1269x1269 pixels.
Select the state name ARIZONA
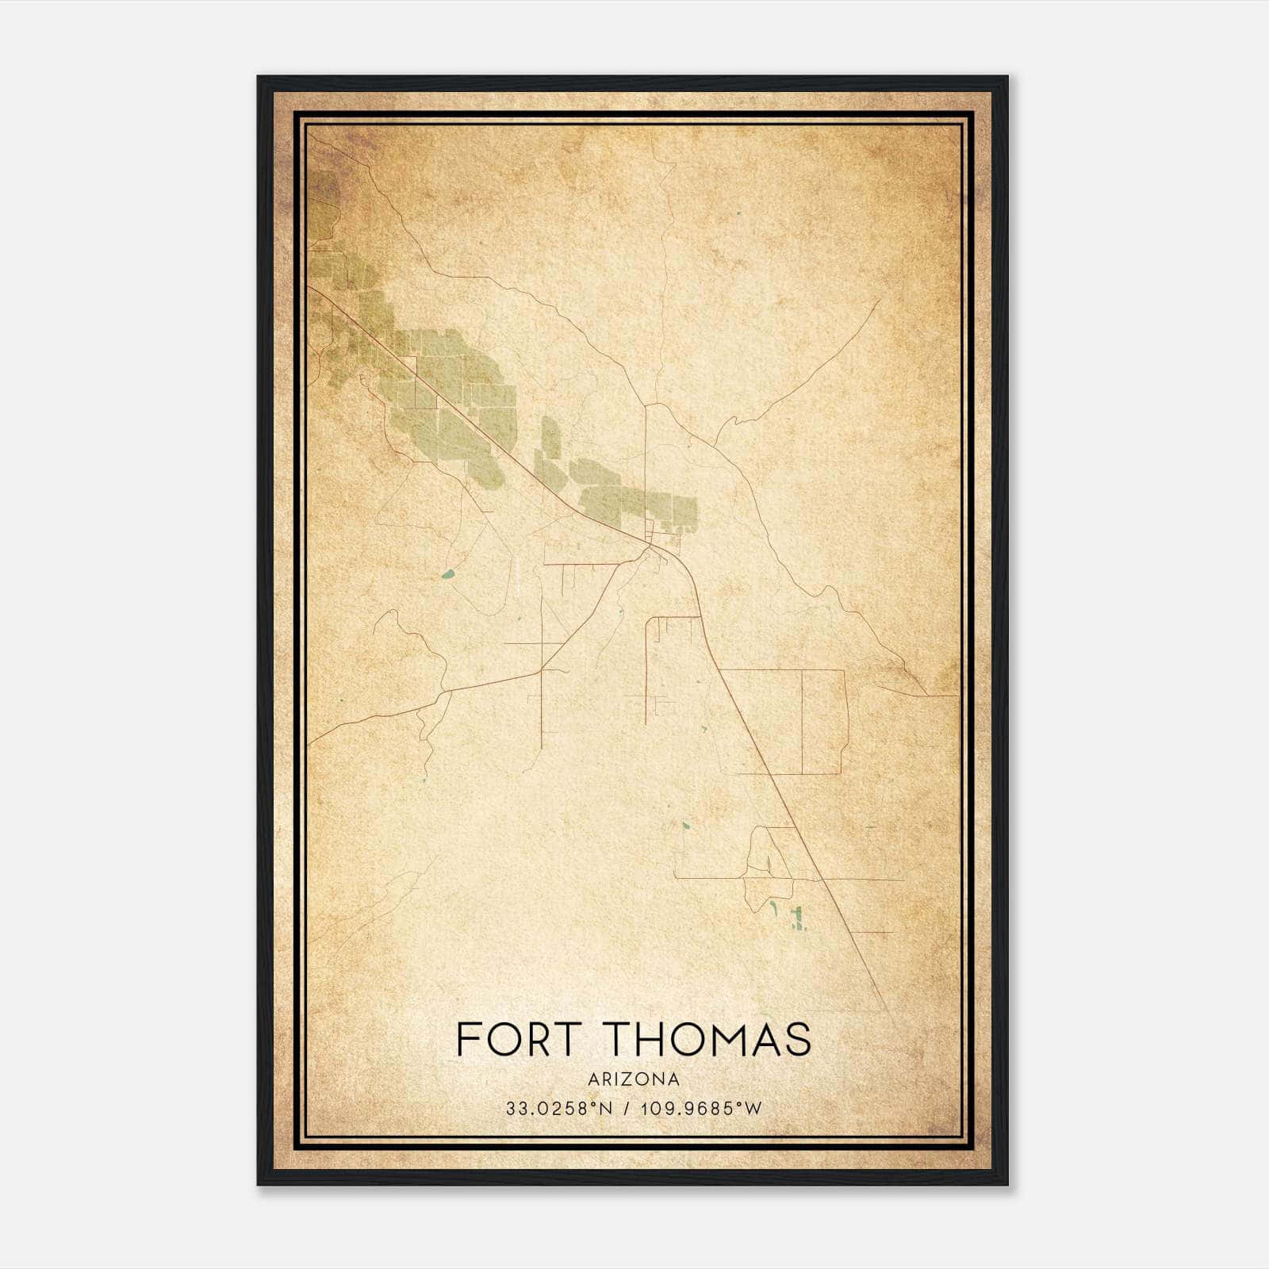click(x=634, y=1079)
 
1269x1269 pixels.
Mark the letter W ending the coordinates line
click(x=753, y=1109)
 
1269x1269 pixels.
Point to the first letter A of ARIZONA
click(x=594, y=1079)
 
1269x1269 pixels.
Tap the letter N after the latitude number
click(x=606, y=1109)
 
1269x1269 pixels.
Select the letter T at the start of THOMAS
click(x=612, y=1038)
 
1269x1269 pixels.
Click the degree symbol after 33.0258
click(x=595, y=1104)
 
